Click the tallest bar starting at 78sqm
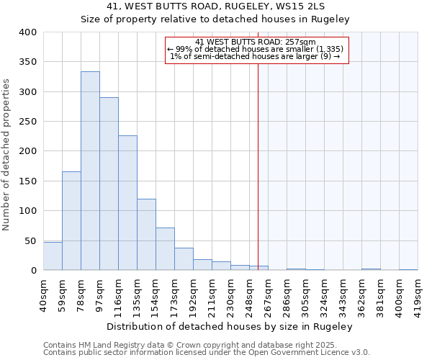90,171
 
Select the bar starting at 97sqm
109,184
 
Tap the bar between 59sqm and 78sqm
71,221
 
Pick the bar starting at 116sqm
127,203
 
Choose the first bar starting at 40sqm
53,256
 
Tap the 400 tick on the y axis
28,32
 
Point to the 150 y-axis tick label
28,181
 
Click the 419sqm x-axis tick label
418,295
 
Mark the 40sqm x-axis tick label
44,295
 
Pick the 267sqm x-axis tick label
269,295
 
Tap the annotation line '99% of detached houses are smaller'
256,49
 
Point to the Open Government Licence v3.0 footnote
207,353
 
